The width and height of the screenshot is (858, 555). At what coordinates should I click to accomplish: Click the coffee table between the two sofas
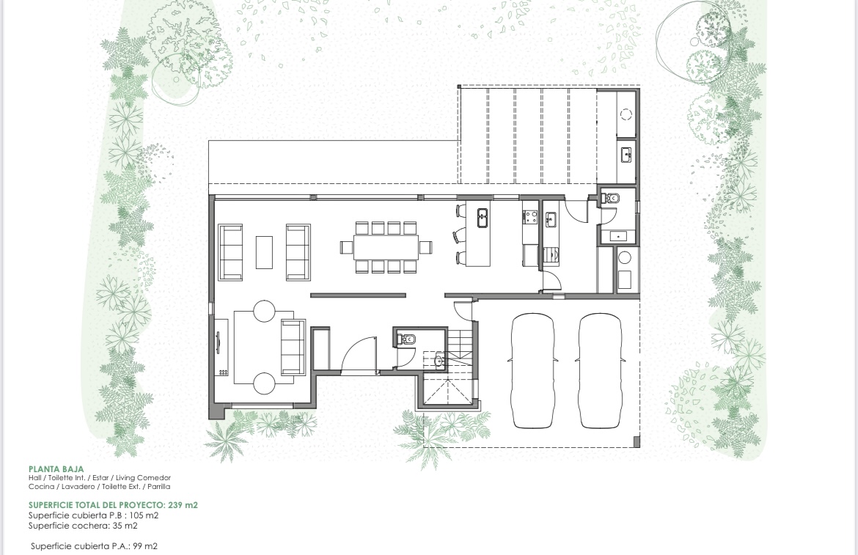(264, 251)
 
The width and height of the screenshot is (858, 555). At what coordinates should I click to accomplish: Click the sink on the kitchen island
(483, 216)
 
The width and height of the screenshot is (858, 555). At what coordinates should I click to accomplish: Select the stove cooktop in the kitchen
(529, 217)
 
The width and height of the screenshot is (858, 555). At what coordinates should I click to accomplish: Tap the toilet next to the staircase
(408, 339)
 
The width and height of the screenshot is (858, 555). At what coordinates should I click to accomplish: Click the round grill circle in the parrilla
(626, 114)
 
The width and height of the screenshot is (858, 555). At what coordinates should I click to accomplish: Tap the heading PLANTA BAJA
(56, 469)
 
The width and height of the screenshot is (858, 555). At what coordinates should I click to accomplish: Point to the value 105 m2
(142, 515)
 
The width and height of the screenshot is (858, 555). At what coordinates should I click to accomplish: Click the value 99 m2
(144, 546)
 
